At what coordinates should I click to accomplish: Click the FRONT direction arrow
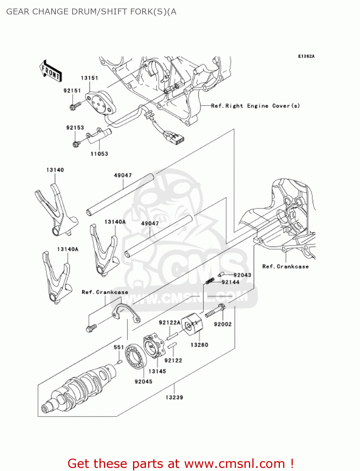(51, 71)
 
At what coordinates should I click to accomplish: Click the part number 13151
(89, 78)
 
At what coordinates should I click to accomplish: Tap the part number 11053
(99, 154)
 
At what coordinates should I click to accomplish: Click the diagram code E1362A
(306, 56)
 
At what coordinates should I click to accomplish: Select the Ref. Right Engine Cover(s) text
(255, 106)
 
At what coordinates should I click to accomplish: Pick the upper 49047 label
(123, 175)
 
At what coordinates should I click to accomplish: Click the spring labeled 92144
(210, 281)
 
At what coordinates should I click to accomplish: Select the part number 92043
(242, 275)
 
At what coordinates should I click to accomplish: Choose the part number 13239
(174, 397)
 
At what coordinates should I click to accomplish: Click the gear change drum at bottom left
(78, 389)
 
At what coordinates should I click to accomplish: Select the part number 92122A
(169, 322)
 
